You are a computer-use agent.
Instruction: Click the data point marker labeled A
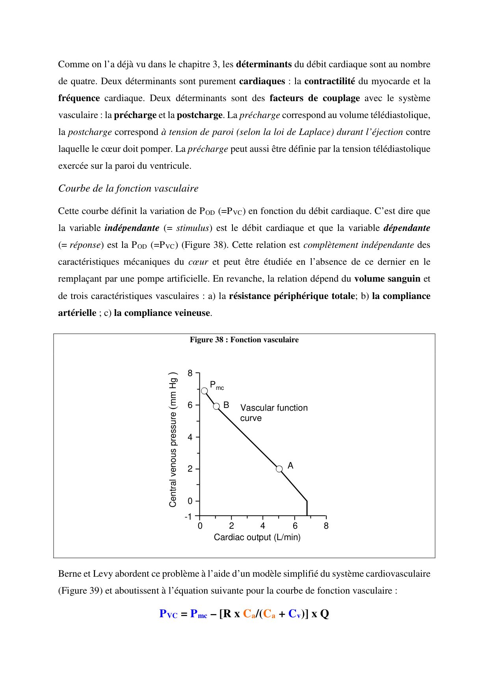tap(279, 469)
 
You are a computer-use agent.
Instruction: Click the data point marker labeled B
tap(216, 406)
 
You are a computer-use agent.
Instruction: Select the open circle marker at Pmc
tap(205, 391)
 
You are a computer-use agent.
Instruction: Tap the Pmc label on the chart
tap(216, 385)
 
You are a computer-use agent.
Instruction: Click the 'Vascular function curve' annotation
tap(273, 413)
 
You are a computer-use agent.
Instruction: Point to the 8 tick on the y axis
tap(190, 373)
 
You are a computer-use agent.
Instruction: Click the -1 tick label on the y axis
tap(188, 517)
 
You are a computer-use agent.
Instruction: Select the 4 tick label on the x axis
tap(263, 526)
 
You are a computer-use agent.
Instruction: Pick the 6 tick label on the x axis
tap(295, 526)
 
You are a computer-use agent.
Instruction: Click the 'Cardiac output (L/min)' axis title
tap(257, 537)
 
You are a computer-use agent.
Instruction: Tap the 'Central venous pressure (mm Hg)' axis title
tap(173, 439)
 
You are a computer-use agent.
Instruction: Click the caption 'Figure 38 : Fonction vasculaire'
tap(244, 340)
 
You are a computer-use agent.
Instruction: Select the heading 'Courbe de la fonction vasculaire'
tap(128, 188)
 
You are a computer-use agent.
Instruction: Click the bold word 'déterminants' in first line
tap(264, 64)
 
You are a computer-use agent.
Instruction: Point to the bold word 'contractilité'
tap(329, 81)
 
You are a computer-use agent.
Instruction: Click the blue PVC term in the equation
tap(168, 614)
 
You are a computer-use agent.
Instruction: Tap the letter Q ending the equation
tap(324, 614)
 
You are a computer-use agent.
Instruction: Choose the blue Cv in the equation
tap(294, 614)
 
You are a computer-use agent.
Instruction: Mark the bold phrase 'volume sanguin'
tap(387, 279)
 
